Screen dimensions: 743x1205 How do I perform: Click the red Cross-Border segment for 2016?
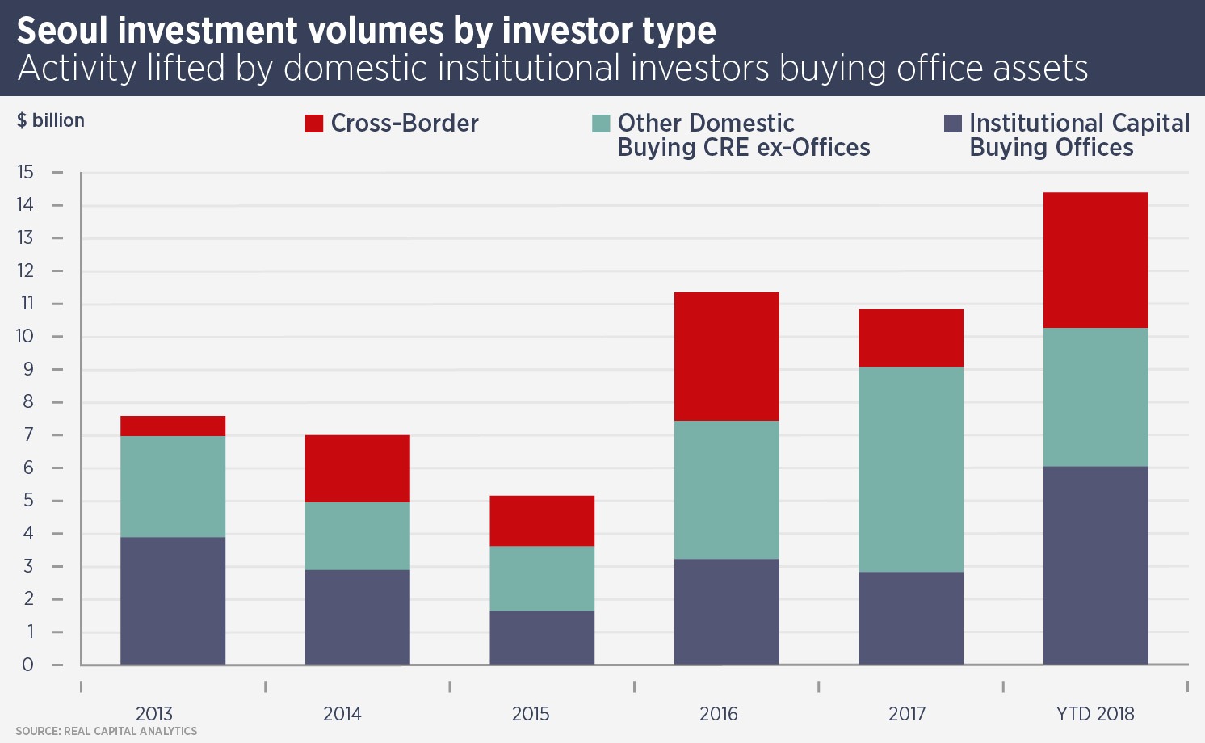click(x=726, y=356)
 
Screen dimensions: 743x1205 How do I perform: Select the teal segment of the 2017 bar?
click(x=910, y=469)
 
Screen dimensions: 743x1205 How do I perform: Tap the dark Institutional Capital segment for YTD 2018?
click(x=1095, y=565)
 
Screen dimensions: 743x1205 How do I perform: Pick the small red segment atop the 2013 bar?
click(x=173, y=426)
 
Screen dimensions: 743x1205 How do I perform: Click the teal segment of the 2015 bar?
click(x=542, y=578)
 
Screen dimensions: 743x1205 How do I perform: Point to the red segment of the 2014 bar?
click(x=357, y=468)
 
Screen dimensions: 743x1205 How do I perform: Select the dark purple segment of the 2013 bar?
click(x=173, y=601)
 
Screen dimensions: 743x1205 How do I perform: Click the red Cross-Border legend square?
click(x=314, y=124)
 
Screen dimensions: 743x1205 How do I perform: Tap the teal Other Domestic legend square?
click(x=601, y=124)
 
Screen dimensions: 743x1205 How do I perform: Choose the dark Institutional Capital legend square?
click(x=953, y=124)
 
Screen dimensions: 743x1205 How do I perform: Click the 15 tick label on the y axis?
click(x=25, y=172)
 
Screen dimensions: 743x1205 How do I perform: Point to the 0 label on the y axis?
click(x=27, y=665)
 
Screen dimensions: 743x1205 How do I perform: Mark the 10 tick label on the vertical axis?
click(x=25, y=336)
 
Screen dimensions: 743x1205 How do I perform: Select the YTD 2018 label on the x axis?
click(x=1095, y=714)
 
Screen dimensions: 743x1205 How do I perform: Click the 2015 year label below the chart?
click(x=531, y=714)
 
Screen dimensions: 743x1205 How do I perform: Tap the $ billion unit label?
click(x=51, y=120)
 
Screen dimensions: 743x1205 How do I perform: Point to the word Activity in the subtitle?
click(x=78, y=69)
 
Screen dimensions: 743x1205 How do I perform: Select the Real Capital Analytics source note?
click(x=106, y=731)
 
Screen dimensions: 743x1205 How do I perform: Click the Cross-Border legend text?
click(x=405, y=123)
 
